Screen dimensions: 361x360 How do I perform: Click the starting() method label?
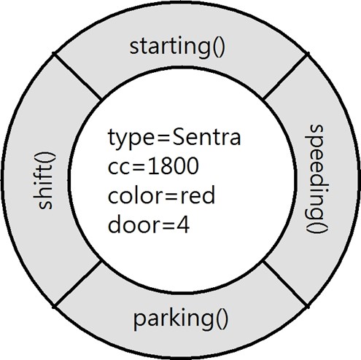[x=177, y=47]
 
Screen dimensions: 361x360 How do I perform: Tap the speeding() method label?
[x=317, y=179]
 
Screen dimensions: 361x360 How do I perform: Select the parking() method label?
[x=181, y=318]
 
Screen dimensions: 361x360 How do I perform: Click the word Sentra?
[x=206, y=138]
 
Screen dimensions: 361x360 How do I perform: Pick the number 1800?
[x=173, y=166]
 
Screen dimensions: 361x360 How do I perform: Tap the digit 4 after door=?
[x=183, y=225]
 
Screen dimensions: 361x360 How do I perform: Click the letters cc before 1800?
[x=118, y=168]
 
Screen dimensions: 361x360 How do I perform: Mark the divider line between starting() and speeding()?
[x=285, y=77]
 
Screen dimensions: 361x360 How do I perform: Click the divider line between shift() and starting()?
[x=77, y=77]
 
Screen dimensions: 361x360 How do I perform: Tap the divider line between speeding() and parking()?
[x=286, y=284]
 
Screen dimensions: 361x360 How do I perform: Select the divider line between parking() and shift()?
[x=77, y=284]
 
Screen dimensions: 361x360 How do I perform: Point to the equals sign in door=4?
[x=168, y=226]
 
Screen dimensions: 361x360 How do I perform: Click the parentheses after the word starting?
[x=219, y=47]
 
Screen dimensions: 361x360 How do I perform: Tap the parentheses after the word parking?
[x=222, y=320]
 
